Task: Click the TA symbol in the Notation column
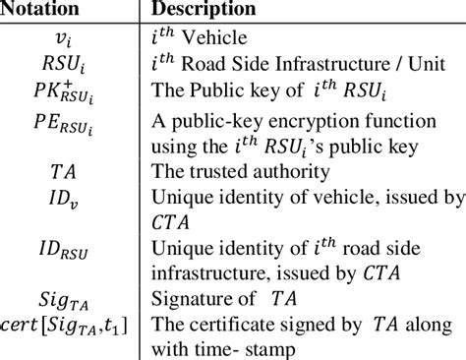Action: [69, 169]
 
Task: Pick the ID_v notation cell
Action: [69, 197]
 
